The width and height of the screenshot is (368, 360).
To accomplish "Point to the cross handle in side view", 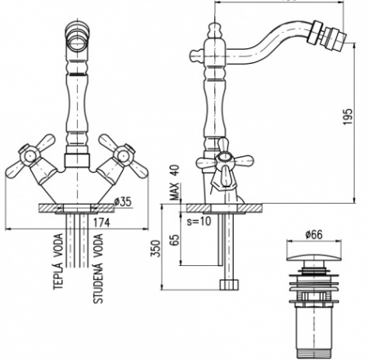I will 222,162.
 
